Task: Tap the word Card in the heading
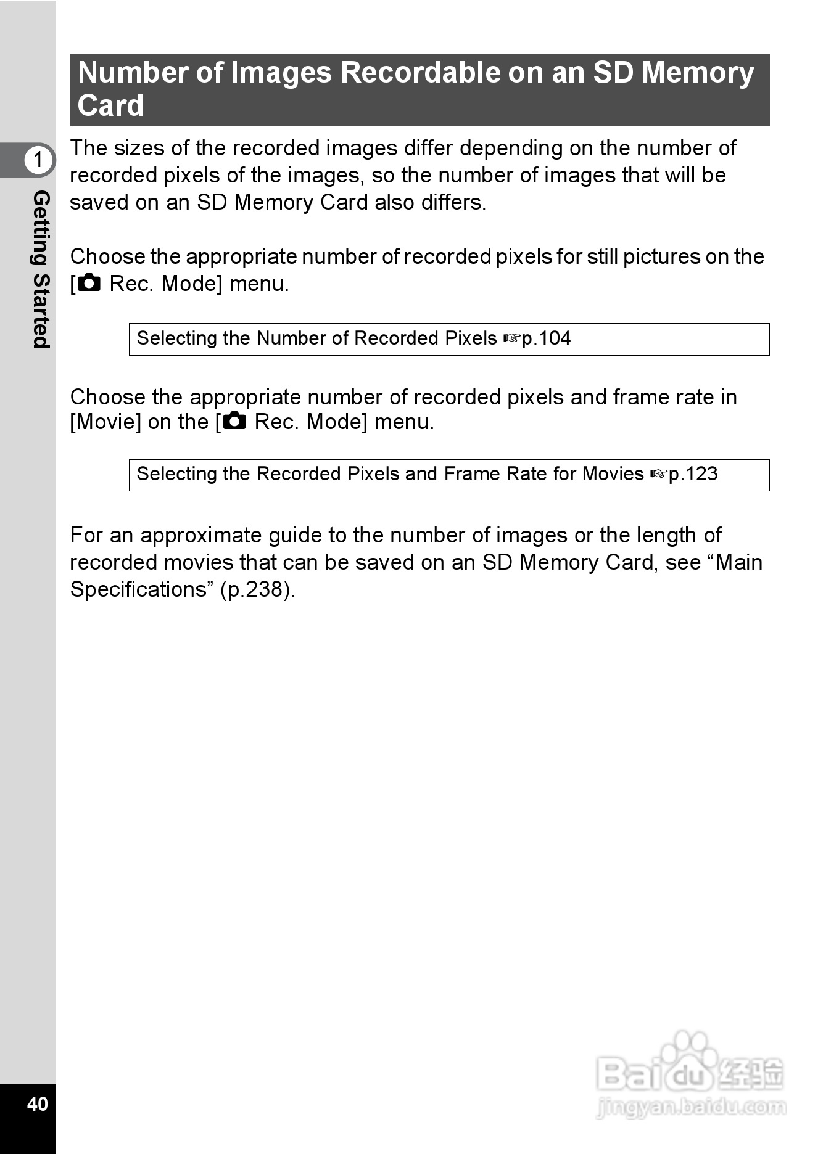[110, 105]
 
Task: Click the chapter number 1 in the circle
[38, 160]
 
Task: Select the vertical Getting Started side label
[41, 269]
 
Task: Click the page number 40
[37, 1103]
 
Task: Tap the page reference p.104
[547, 338]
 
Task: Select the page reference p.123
[693, 474]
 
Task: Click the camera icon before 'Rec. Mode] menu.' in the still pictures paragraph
[89, 283]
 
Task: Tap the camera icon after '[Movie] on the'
[234, 422]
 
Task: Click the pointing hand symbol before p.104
[512, 338]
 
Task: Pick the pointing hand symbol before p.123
[659, 474]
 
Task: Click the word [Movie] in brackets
[105, 422]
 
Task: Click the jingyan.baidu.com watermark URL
[692, 1108]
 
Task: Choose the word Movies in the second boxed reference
[613, 474]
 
